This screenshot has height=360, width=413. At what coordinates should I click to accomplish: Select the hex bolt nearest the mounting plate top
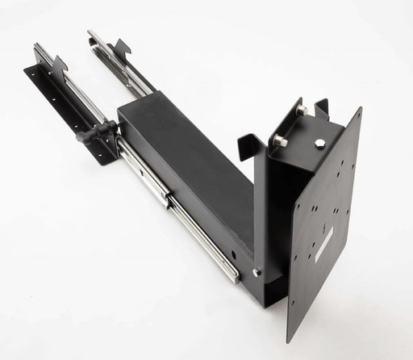tap(320, 144)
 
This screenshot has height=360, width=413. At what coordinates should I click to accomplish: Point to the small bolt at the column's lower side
tap(257, 272)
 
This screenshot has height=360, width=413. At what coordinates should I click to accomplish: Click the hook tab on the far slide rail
tap(122, 47)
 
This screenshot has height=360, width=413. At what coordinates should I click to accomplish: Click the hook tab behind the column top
tap(322, 106)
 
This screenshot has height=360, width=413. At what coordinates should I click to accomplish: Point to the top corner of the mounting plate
tap(358, 109)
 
